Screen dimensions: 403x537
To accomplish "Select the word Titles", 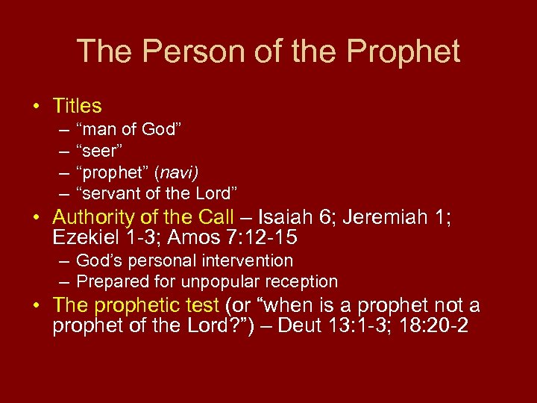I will (x=78, y=106).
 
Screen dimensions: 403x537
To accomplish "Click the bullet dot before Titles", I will (x=36, y=106).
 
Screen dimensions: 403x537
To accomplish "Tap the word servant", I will (x=113, y=194).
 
